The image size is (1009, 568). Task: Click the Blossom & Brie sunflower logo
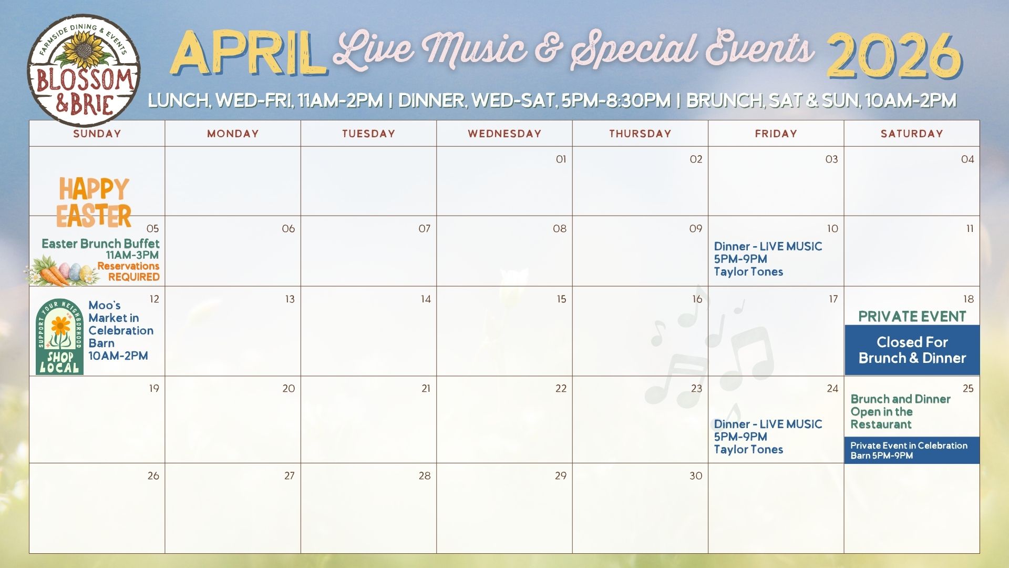point(84,70)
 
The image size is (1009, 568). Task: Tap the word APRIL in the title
point(247,54)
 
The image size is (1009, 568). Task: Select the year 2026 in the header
point(894,56)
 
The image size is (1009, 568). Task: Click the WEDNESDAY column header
point(504,134)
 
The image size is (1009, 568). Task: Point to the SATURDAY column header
point(912,134)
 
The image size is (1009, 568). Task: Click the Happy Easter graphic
point(95,202)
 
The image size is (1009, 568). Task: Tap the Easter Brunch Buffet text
point(100,244)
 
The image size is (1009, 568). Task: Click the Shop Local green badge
point(59,337)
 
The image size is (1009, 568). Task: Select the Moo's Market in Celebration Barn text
point(120,324)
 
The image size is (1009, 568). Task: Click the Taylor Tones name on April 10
point(748,272)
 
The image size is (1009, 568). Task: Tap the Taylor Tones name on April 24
point(748,450)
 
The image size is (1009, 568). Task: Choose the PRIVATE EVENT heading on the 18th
point(912,317)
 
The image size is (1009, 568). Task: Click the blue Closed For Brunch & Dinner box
point(912,350)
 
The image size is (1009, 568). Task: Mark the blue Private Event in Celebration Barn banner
point(912,450)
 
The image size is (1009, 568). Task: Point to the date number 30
point(696,476)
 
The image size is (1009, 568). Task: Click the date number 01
point(561,159)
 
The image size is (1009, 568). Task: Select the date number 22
point(561,389)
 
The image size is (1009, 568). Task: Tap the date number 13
point(290,299)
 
